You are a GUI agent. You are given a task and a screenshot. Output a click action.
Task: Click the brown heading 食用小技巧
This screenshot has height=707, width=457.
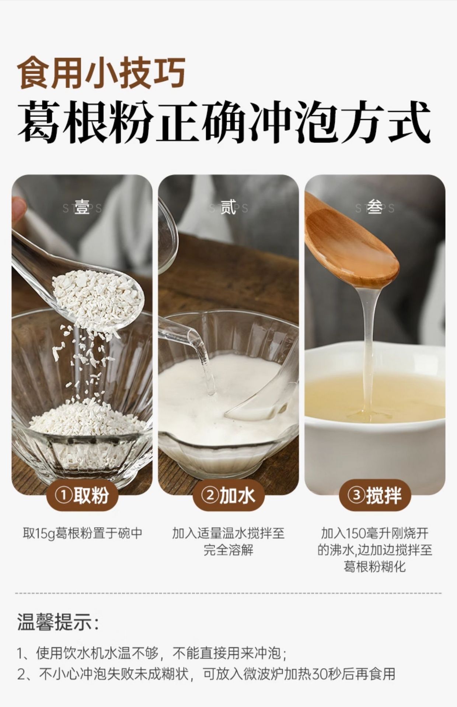click(102, 72)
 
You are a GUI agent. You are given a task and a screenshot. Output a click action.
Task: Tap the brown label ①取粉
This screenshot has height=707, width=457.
click(82, 496)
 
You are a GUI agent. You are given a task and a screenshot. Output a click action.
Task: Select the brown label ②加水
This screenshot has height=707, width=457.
click(228, 496)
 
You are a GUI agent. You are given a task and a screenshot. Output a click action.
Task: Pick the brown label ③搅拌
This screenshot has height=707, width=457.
click(375, 496)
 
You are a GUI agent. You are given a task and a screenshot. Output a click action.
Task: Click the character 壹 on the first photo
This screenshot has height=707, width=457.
click(82, 208)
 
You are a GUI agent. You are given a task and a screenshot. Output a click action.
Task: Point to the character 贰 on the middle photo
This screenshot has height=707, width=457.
click(228, 208)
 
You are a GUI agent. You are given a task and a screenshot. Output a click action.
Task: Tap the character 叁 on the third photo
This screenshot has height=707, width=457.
click(374, 208)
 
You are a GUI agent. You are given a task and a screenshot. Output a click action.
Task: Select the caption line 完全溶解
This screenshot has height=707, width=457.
click(228, 550)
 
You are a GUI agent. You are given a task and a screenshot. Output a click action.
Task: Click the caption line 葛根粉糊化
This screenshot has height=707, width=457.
click(375, 567)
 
